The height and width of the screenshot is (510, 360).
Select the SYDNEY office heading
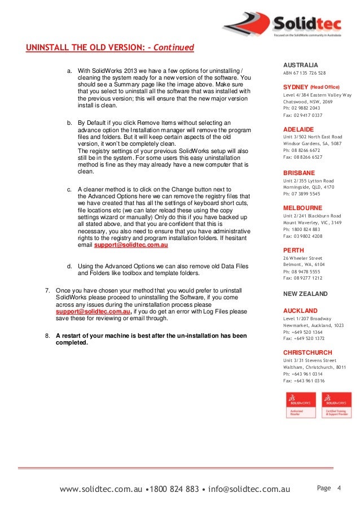click(x=296, y=87)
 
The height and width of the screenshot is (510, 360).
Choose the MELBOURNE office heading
click(x=302, y=208)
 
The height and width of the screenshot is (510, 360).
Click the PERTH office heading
click(x=293, y=250)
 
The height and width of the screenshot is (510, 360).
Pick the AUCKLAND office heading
click(x=300, y=311)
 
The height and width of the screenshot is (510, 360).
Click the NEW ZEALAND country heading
click(x=305, y=294)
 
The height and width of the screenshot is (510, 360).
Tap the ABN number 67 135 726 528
click(x=304, y=73)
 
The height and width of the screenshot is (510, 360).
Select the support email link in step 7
click(x=93, y=311)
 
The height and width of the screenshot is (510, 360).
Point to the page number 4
click(x=340, y=487)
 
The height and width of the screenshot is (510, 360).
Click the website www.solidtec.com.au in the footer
click(x=100, y=489)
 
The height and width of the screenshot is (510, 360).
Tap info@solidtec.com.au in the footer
click(x=248, y=489)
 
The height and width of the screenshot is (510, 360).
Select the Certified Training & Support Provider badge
click(x=336, y=405)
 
